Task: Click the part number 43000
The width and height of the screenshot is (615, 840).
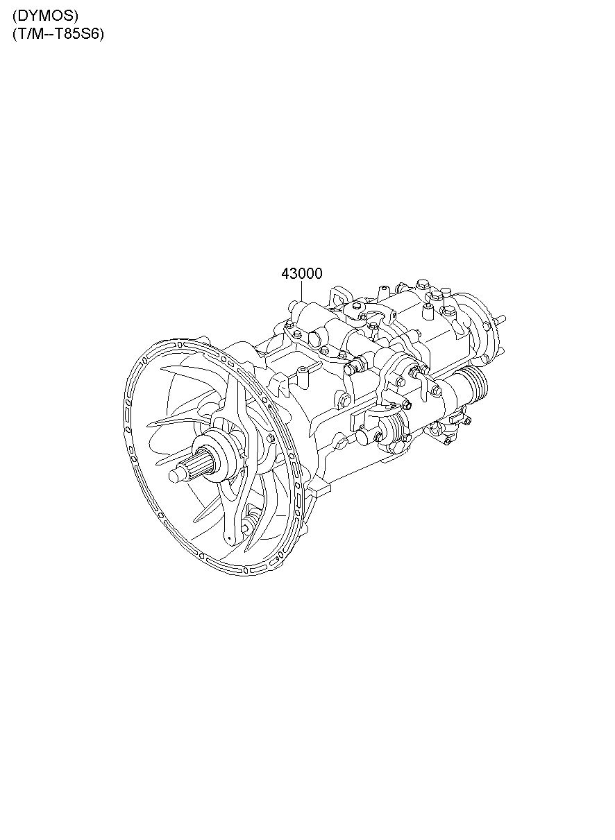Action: pos(302,274)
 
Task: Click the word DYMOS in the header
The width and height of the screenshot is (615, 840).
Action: pos(45,16)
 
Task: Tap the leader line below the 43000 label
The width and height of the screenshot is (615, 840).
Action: pos(302,291)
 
